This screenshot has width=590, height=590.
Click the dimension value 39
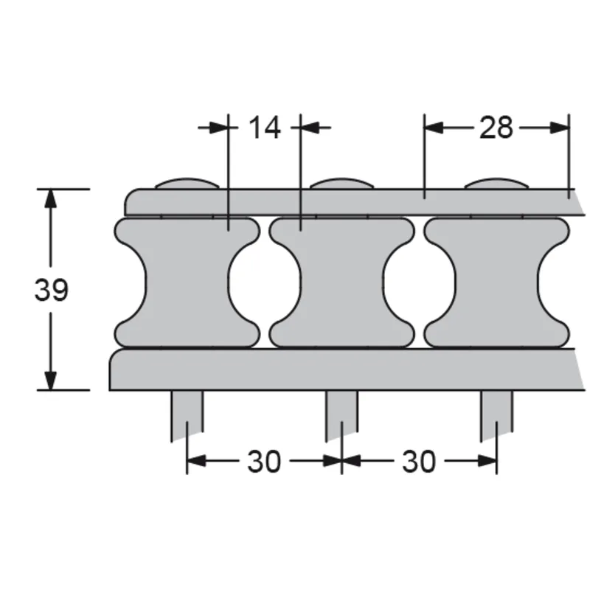51,291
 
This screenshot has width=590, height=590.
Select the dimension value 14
264,128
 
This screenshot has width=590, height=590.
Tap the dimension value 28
496,128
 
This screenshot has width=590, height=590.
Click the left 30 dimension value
264,462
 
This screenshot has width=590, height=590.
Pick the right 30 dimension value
419,462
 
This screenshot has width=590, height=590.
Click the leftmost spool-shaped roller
187,282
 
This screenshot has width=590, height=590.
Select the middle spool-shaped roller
341,282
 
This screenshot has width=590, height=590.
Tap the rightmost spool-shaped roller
496,282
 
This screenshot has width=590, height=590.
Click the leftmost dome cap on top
187,183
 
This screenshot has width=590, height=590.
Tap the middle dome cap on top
341,183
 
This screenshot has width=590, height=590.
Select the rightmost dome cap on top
496,183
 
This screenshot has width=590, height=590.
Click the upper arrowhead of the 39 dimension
50,199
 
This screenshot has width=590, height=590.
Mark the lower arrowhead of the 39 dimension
50,380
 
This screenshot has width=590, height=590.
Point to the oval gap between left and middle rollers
264,282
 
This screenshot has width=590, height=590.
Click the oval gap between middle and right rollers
419,282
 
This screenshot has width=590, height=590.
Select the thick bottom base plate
339,369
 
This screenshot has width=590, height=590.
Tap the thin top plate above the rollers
339,202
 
